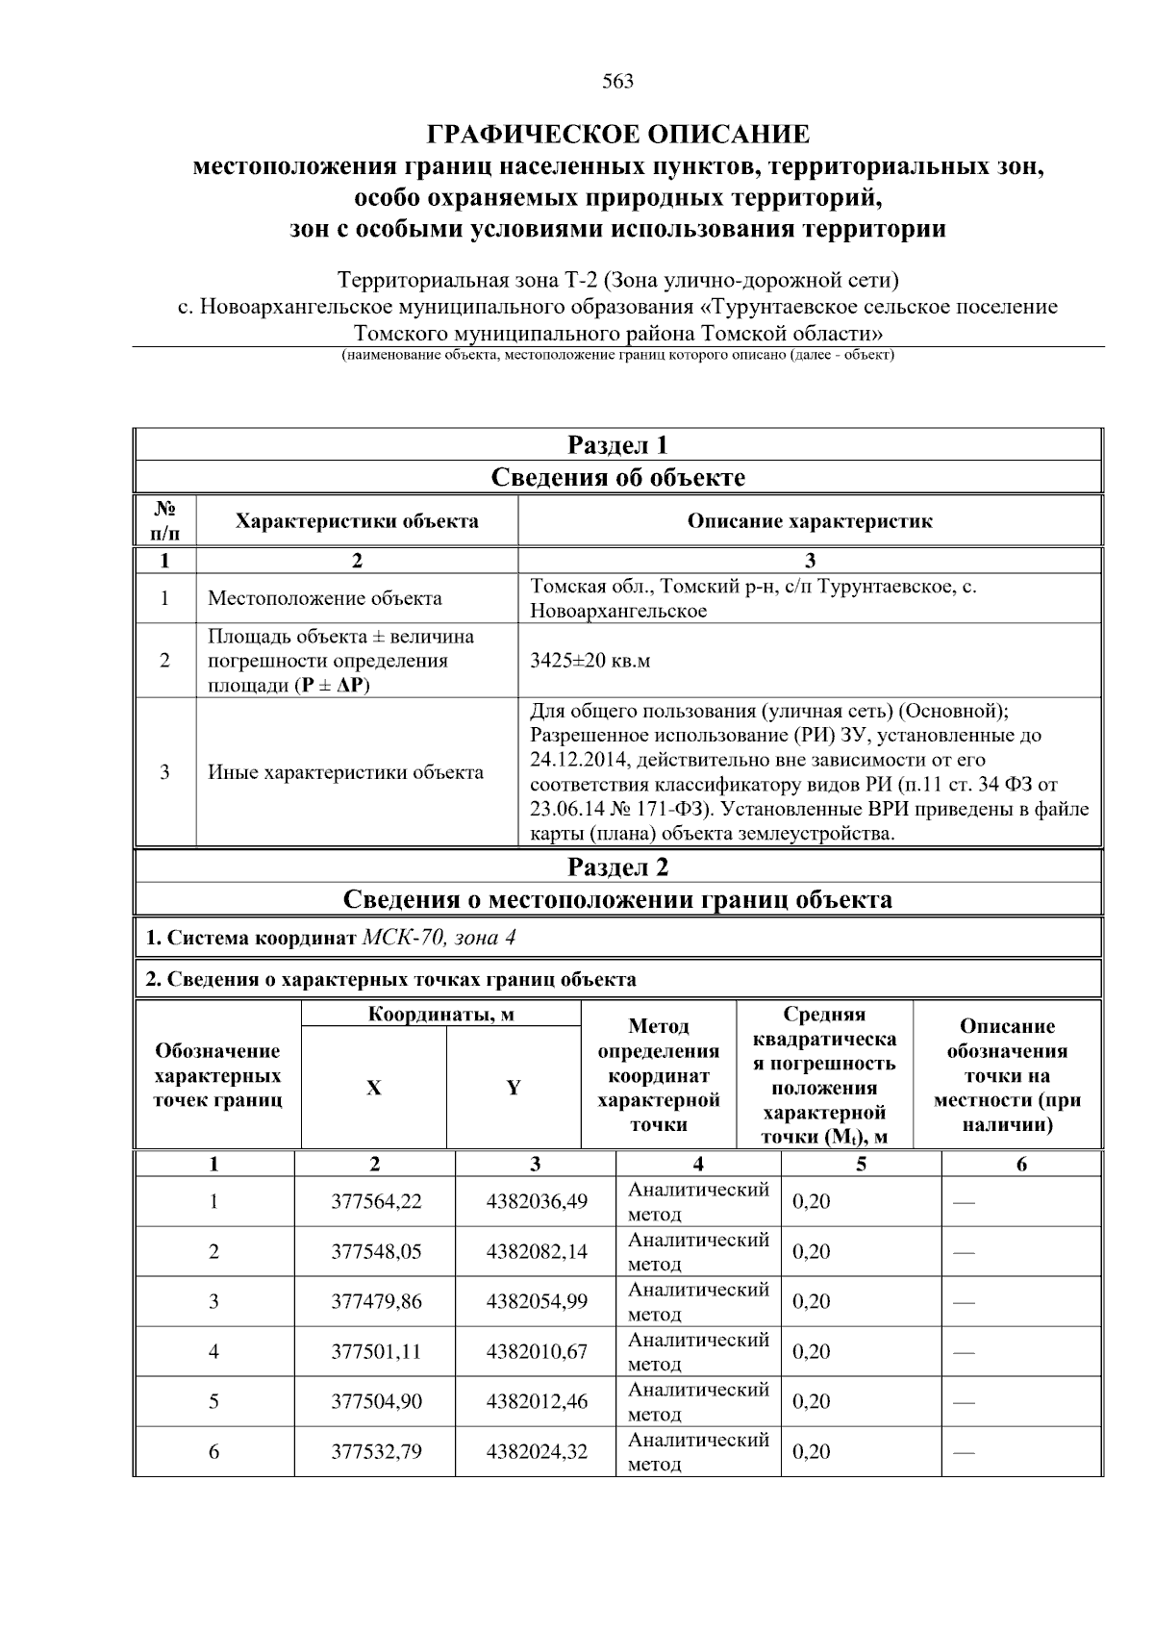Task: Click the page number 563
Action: (617, 82)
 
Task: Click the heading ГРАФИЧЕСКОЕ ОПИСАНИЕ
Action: (617, 134)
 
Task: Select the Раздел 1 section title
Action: (617, 445)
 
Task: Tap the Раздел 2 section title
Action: (617, 867)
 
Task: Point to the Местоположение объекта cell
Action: (325, 598)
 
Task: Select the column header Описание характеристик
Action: (809, 521)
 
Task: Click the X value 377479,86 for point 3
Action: (376, 1302)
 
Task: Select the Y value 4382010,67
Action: (537, 1352)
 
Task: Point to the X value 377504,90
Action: (376, 1402)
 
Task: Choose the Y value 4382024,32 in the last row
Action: (537, 1452)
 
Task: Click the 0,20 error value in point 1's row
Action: (812, 1202)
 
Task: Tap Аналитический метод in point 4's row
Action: (698, 1352)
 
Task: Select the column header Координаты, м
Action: (440, 1015)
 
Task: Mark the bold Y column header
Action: (514, 1088)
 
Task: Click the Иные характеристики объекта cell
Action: (345, 772)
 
